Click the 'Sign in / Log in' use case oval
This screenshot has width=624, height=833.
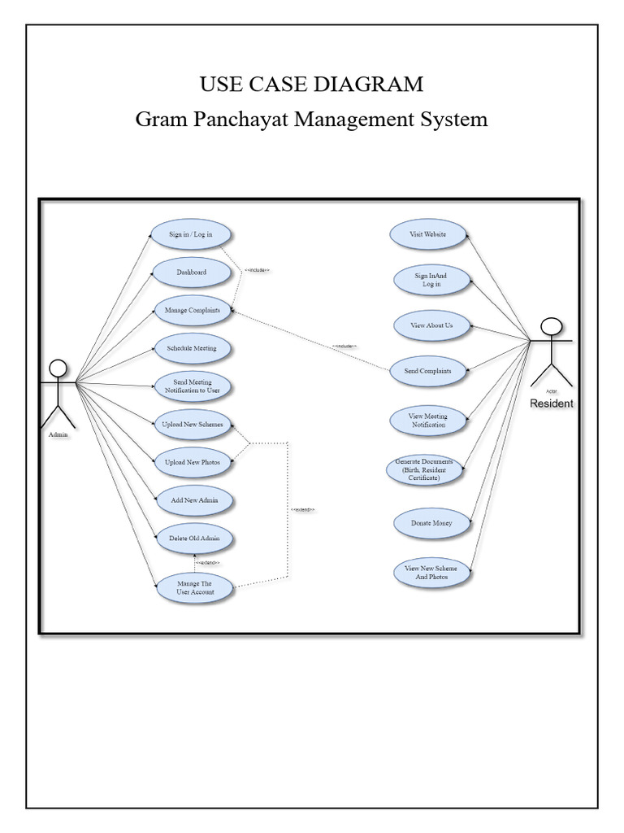tap(192, 234)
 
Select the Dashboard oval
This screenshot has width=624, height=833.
tap(192, 273)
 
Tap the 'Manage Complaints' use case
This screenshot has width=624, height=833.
tap(193, 311)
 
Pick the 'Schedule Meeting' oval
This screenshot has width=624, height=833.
tap(193, 348)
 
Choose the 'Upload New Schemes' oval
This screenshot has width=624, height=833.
tap(193, 424)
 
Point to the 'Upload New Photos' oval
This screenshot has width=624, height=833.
tap(193, 461)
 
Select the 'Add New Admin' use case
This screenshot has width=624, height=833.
tap(193, 499)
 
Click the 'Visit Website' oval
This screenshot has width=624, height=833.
tap(428, 234)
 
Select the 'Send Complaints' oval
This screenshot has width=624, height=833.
tap(428, 371)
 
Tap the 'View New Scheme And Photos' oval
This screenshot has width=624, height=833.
tap(431, 572)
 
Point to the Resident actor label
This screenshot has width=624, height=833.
tap(552, 403)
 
